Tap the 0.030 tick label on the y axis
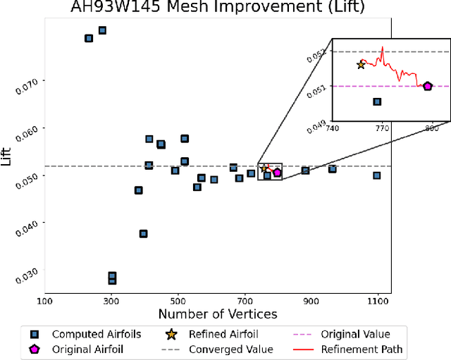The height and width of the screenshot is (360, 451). (x=30, y=271)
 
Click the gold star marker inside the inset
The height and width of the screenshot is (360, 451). (x=361, y=65)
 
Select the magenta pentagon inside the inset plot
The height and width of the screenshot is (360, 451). (x=428, y=86)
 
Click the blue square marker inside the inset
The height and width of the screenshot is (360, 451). (x=377, y=101)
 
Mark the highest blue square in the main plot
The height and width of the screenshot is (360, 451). (x=102, y=30)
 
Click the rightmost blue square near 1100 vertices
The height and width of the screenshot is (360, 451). (x=377, y=175)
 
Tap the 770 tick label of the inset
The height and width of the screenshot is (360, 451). (x=382, y=128)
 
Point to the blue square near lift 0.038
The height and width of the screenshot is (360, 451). (x=143, y=233)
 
